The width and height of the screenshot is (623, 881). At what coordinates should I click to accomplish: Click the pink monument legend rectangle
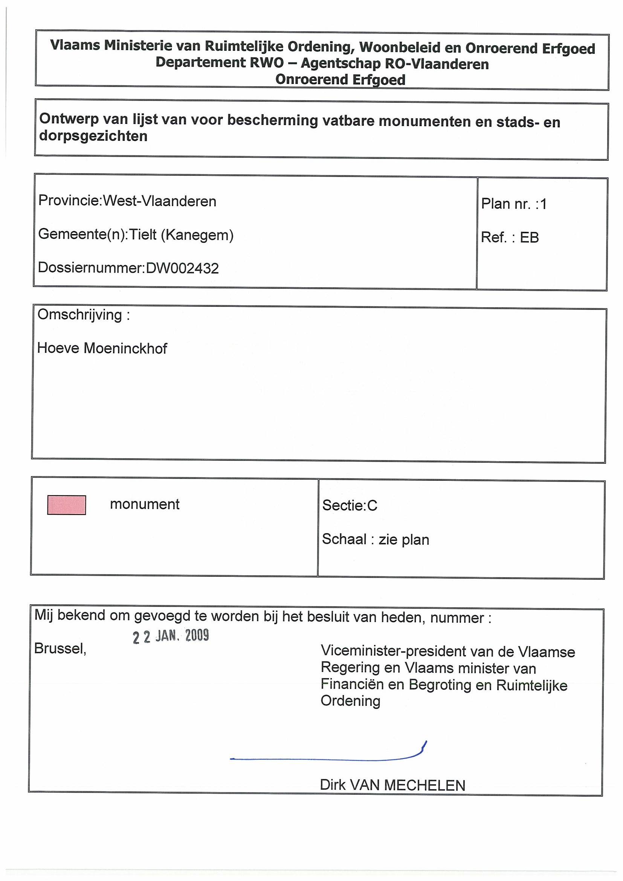click(x=66, y=505)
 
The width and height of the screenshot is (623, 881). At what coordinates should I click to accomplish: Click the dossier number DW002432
click(x=182, y=268)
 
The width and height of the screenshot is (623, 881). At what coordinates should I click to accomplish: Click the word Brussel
click(x=60, y=648)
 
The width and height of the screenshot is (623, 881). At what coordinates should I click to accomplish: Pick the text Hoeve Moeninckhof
click(x=102, y=348)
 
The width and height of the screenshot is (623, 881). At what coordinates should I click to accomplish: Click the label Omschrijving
click(x=80, y=315)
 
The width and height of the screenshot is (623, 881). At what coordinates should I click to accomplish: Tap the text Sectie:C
click(x=350, y=505)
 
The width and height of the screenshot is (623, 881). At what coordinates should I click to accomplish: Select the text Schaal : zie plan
click(x=376, y=540)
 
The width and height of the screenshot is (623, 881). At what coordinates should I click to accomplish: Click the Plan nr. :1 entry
click(x=514, y=204)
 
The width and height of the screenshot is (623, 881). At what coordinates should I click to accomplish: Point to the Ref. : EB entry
click(x=510, y=238)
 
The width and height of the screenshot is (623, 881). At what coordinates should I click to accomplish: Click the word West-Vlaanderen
click(x=160, y=201)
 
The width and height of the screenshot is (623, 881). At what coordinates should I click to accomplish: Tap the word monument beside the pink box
click(x=145, y=504)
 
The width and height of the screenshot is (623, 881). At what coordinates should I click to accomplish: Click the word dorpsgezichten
click(x=93, y=136)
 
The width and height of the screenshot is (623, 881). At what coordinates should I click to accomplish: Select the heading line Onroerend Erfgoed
click(x=340, y=80)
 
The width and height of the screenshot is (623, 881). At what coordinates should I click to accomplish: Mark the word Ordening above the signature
click(x=350, y=701)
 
